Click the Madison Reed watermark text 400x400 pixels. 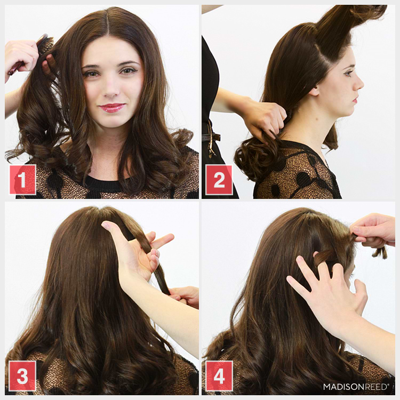(x=355, y=386)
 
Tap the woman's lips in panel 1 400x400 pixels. (x=113, y=107)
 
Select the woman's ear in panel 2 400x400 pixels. (x=315, y=91)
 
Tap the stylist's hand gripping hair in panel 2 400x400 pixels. (x=264, y=117)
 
